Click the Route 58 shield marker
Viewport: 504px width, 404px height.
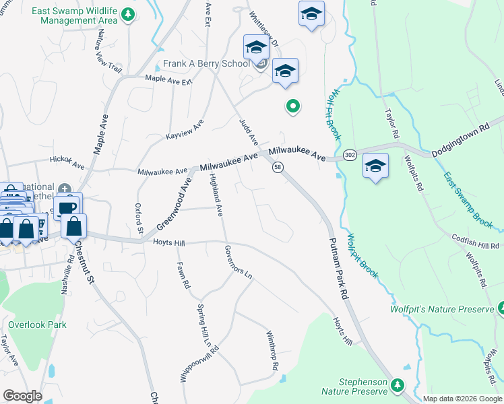coord(278,167)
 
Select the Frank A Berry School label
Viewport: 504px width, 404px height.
coord(206,65)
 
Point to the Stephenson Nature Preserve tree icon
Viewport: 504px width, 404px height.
coord(398,385)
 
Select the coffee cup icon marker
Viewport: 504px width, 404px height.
coord(67,207)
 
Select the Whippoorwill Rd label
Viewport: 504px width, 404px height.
coord(183,362)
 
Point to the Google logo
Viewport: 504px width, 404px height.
coord(22,395)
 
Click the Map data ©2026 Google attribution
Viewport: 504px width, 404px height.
coord(462,399)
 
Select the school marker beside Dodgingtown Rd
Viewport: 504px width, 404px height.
coord(375,166)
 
